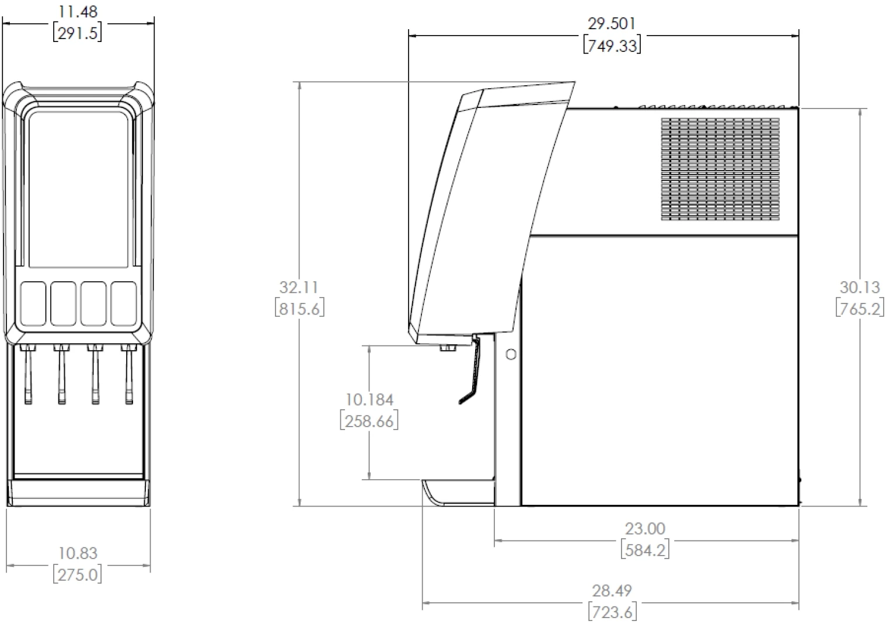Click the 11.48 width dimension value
coord(78,12)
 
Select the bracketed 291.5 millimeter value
coord(78,33)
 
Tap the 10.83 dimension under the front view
coord(78,553)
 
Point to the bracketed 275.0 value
coord(78,574)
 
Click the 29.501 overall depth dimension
coord(612,24)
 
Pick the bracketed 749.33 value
coord(612,46)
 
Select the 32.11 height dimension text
coord(299,288)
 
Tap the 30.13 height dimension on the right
coord(860,288)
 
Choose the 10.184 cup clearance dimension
coord(370,400)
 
